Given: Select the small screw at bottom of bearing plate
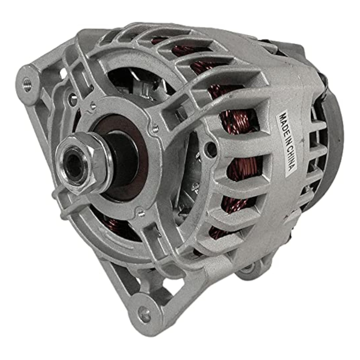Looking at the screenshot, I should tap(141, 213).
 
